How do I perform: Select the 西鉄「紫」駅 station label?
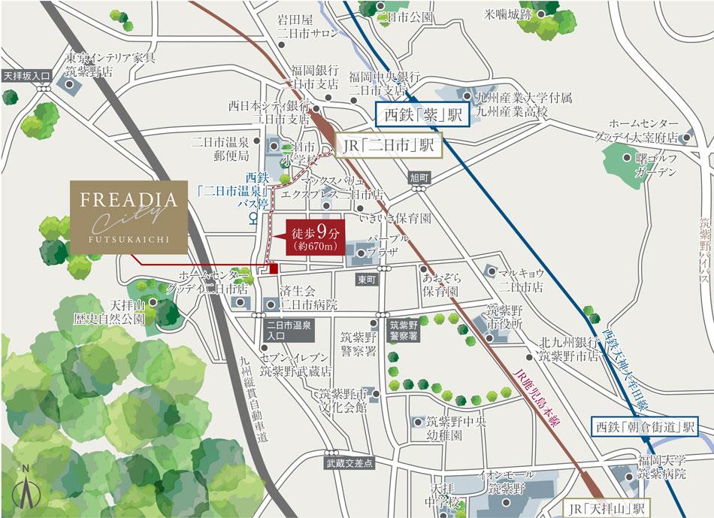422,115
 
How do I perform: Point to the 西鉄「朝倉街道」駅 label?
643,427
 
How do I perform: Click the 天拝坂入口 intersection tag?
26,76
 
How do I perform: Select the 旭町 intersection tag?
419,177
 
